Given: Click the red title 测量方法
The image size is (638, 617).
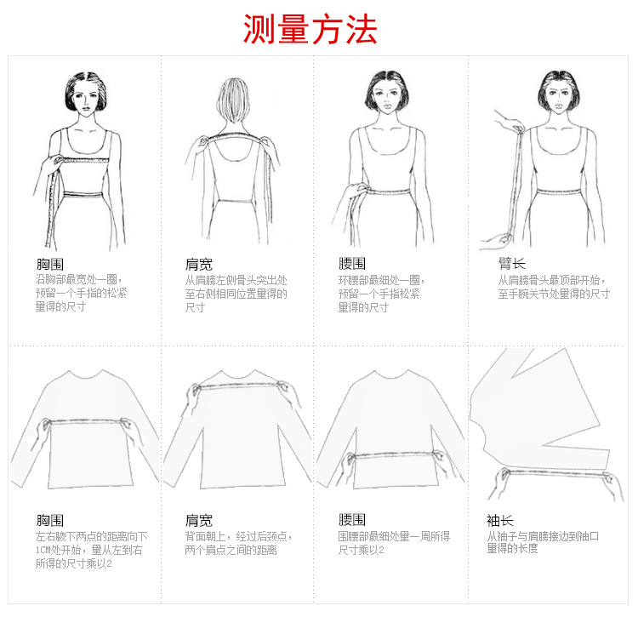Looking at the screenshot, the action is [x=310, y=29].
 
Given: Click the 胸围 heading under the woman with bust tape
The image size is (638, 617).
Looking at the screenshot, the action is [x=50, y=264].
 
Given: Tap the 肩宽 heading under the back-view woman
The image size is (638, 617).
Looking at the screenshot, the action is [x=199, y=265].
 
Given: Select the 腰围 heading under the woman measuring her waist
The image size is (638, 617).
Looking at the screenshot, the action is [x=352, y=264].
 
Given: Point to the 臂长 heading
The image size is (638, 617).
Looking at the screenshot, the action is [x=512, y=264].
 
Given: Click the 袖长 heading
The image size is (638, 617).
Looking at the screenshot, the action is [x=500, y=520].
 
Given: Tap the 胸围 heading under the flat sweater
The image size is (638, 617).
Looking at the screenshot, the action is [x=50, y=520].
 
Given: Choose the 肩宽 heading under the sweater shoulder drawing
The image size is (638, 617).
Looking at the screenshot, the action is [x=199, y=520].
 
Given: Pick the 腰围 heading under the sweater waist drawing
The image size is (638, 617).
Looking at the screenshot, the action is [x=352, y=520].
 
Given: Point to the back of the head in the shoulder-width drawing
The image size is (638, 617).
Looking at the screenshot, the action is [x=233, y=100].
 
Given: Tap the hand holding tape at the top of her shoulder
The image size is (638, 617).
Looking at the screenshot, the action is [x=509, y=122].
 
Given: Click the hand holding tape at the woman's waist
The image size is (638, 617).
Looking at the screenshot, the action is [x=357, y=191].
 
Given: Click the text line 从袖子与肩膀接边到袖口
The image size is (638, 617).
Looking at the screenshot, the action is [x=543, y=536].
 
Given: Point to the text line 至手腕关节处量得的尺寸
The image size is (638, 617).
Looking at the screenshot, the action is [x=554, y=294].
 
